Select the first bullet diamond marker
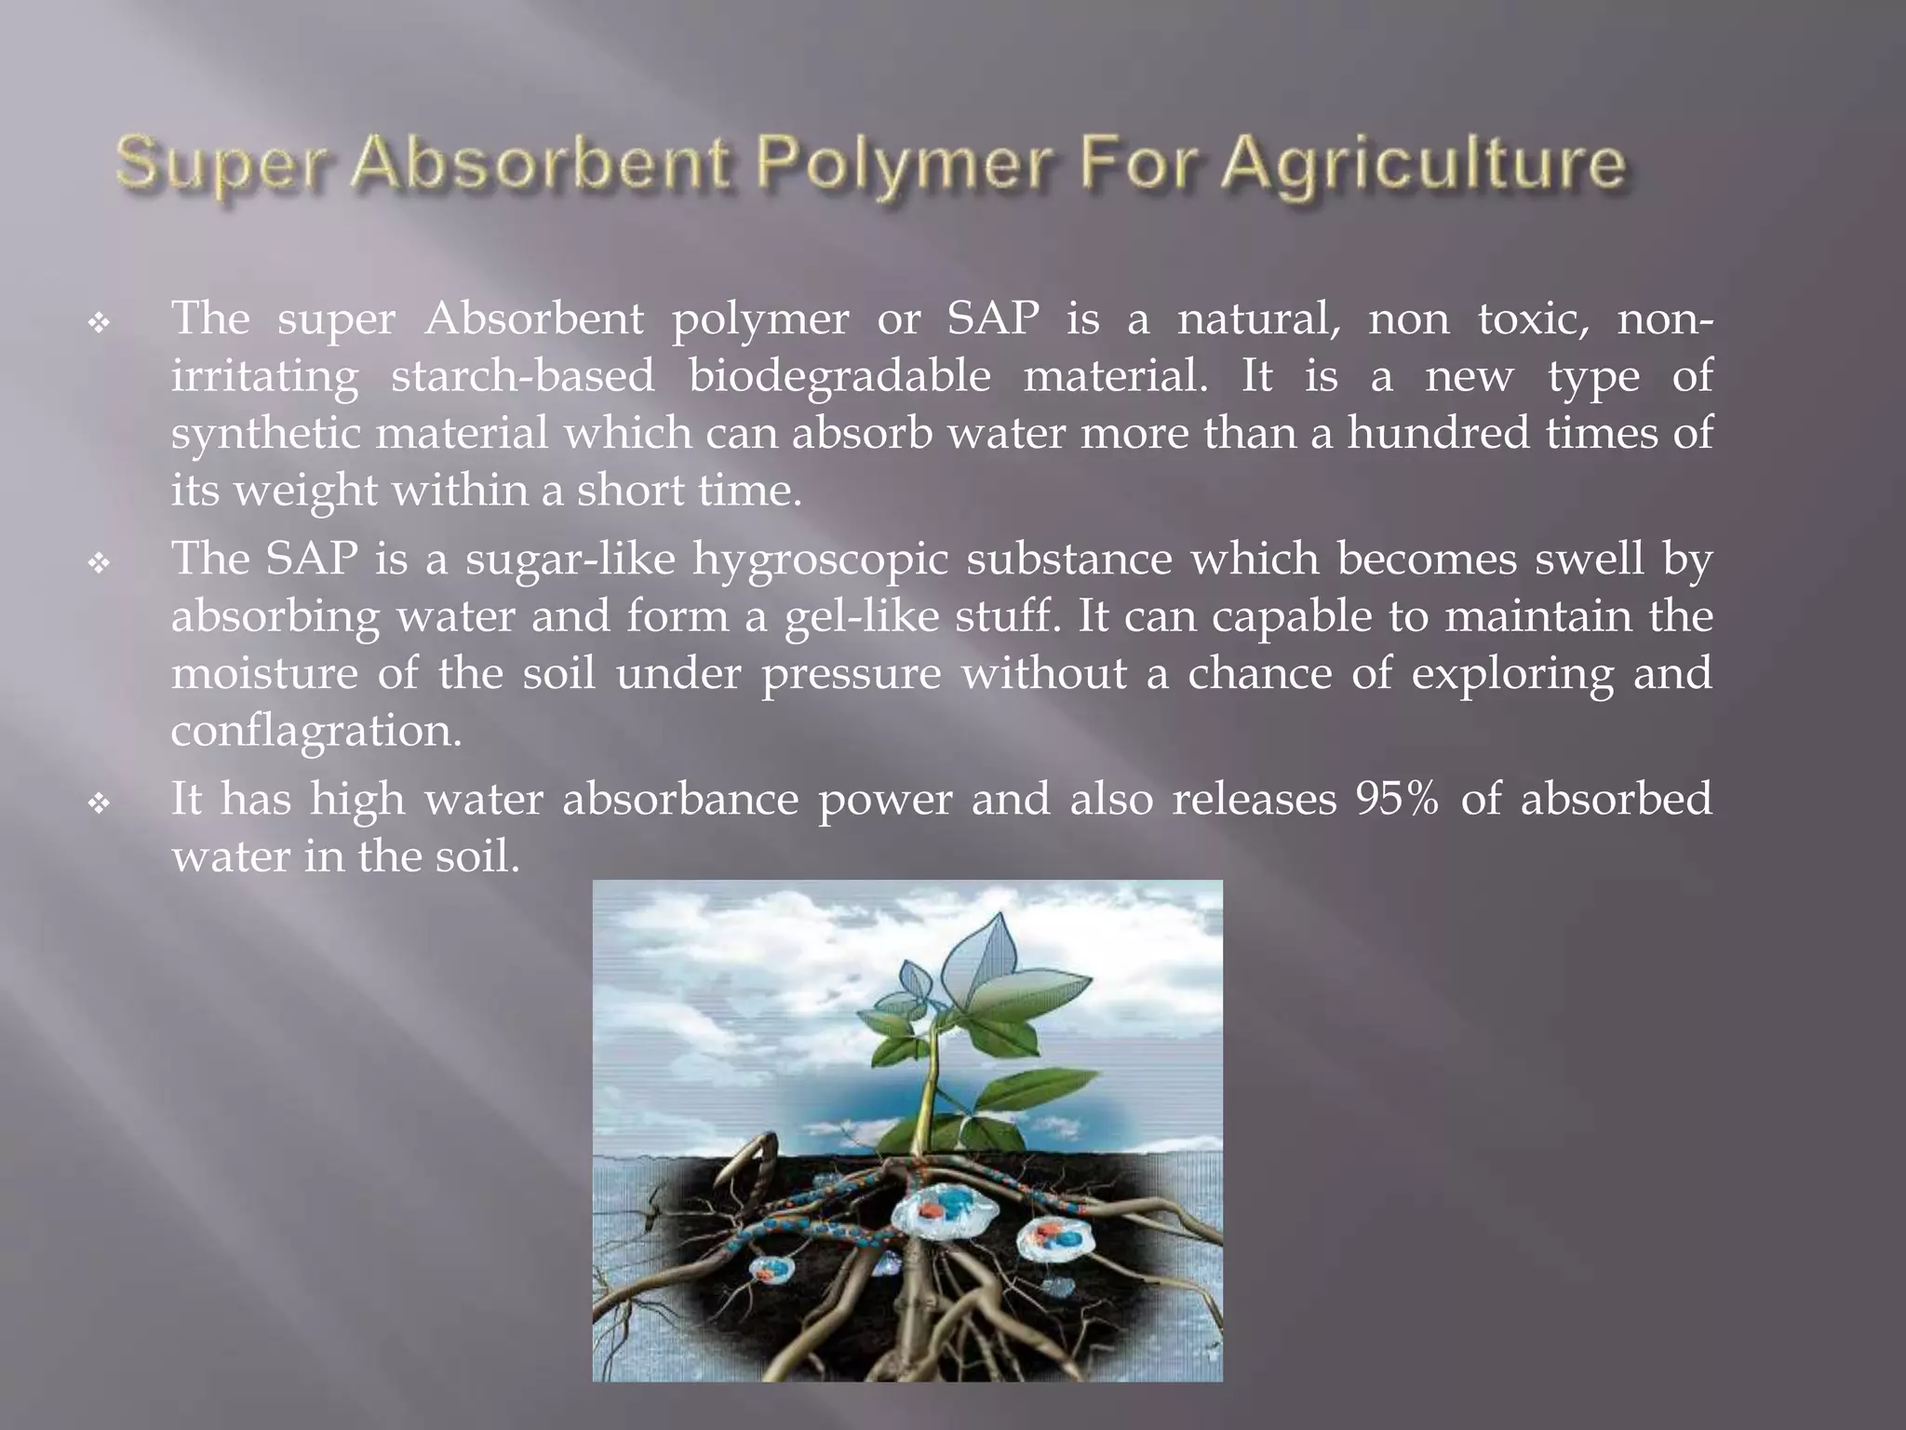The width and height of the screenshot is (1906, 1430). point(99,324)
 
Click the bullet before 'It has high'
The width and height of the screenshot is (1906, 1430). point(99,803)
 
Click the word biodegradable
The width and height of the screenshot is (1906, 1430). point(839,376)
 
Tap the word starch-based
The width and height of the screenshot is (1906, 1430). point(523,376)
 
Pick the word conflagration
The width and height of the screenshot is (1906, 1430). point(316,731)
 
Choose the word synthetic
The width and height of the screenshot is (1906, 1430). point(266,435)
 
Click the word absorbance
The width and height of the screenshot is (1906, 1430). point(680,799)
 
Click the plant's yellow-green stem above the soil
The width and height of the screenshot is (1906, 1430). point(927,1099)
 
